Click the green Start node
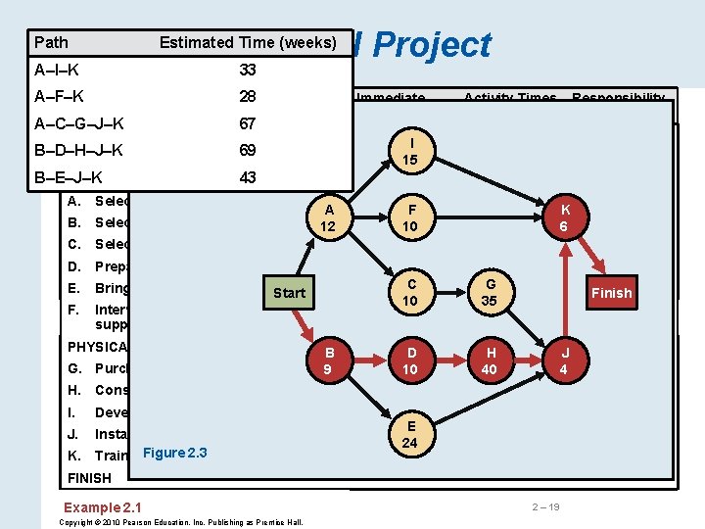[289, 293]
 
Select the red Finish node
[611, 293]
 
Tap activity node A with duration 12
[329, 216]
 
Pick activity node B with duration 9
[329, 361]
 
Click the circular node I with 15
[410, 152]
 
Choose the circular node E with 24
[410, 434]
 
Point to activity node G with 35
[489, 293]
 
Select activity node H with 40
[489, 361]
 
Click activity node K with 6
[563, 216]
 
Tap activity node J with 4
[563, 361]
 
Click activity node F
[410, 216]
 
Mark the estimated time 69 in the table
[248, 151]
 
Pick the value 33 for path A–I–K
[248, 70]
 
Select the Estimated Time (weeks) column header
[247, 42]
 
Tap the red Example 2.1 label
[102, 506]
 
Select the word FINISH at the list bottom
[89, 478]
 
